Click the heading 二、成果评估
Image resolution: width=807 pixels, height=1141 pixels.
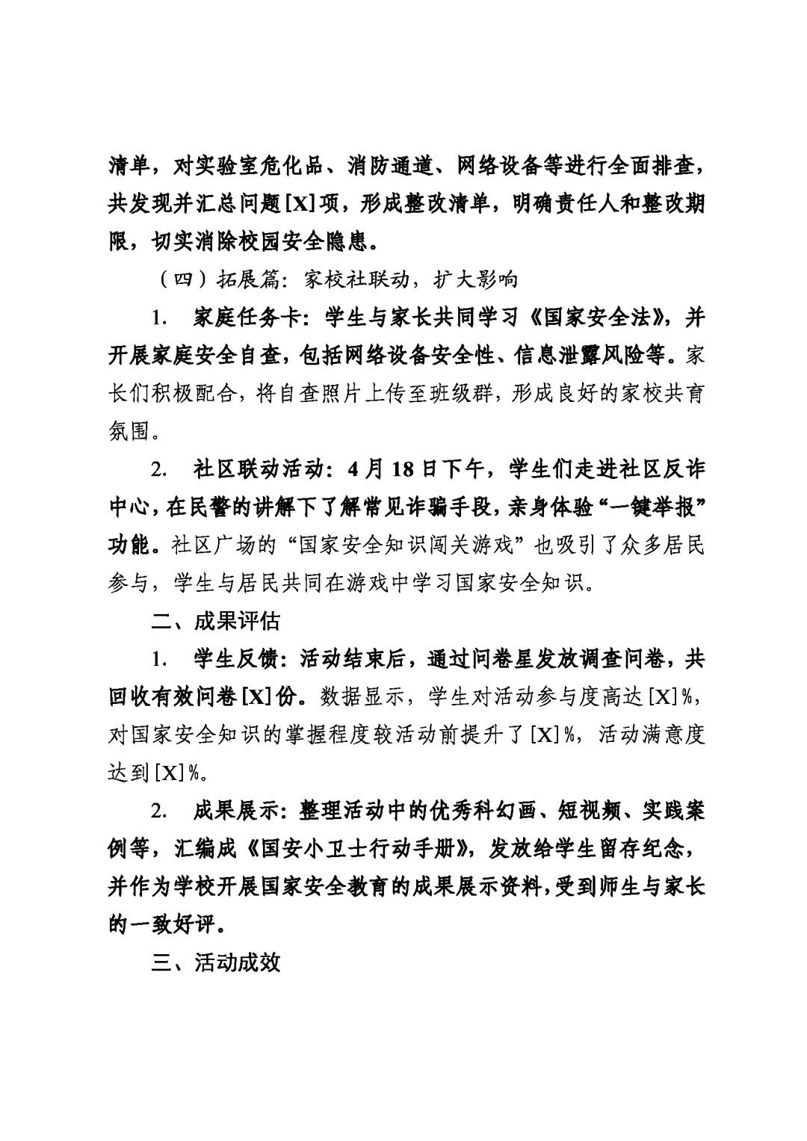click(x=216, y=621)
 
